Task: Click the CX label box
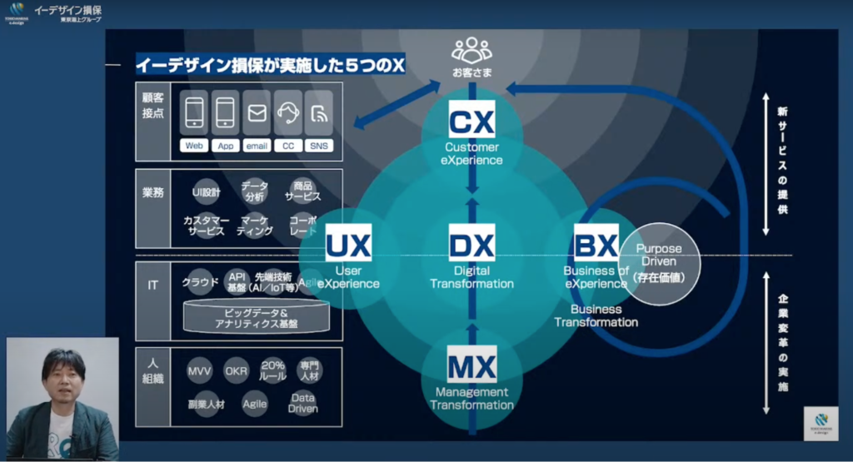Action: coord(471,120)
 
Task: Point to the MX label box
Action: coord(471,365)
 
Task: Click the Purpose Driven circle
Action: coord(659,262)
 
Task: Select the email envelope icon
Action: coord(257,113)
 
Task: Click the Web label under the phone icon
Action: coord(195,146)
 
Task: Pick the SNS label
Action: coord(319,146)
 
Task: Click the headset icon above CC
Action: coord(288,113)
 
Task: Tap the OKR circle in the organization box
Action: coord(237,370)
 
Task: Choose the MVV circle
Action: coord(200,370)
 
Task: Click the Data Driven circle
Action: coord(303,403)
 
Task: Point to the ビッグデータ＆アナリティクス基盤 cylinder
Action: coord(257,317)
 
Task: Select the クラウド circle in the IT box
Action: coord(200,282)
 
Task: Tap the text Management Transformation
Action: coord(471,399)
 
